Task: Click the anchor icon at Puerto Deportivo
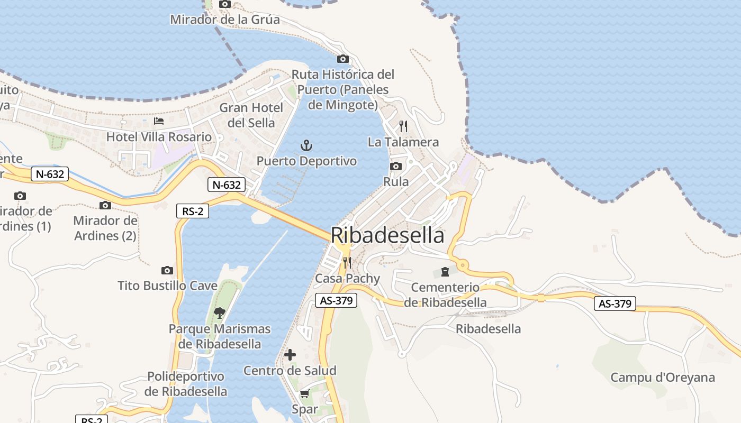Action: pos(306,145)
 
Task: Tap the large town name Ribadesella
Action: pos(387,235)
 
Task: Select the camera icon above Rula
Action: pos(395,167)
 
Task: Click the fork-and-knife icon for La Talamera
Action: pos(403,126)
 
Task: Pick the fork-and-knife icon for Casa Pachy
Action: pos(347,262)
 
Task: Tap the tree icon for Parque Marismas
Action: pos(219,313)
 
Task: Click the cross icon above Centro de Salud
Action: pos(290,355)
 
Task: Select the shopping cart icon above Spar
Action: pos(304,394)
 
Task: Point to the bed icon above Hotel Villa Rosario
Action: pos(159,121)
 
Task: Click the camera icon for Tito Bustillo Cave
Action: pos(167,270)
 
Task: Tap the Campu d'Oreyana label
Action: pos(663,378)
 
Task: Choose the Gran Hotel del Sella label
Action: pos(251,115)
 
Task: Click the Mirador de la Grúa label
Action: pos(225,20)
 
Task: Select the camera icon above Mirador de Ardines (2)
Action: pos(105,205)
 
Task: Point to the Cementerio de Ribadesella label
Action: pos(445,295)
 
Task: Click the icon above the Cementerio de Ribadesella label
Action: pos(445,272)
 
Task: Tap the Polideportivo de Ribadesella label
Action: pos(186,384)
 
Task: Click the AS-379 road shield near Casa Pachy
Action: pos(336,301)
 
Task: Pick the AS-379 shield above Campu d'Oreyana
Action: pos(615,304)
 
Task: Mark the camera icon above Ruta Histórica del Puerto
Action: pos(343,59)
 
